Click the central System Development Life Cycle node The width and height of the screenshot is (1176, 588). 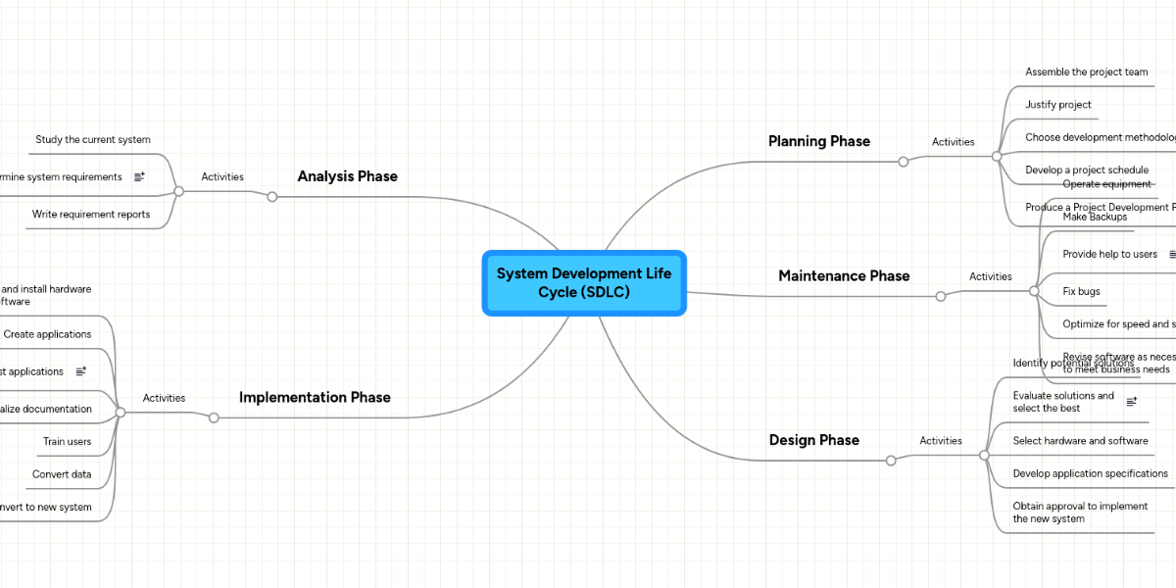coord(584,283)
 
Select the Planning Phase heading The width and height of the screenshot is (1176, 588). coord(819,141)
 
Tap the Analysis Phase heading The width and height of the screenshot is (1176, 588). coord(348,176)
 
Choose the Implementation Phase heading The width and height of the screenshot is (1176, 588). coord(315,397)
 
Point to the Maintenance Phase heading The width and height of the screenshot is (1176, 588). coord(844,275)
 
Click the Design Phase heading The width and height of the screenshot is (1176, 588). coord(814,440)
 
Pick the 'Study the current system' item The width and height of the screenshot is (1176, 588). coord(93,139)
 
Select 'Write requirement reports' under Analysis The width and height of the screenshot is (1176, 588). coord(91,214)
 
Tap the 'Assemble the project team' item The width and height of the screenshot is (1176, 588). coord(1086,72)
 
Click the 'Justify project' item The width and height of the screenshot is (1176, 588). coord(1058,104)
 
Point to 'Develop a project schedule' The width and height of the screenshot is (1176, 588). coord(1087,170)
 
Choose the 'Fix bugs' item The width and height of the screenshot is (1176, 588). coord(1081,291)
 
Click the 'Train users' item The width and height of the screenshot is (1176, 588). coord(67,441)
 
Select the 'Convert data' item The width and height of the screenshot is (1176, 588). coord(62,474)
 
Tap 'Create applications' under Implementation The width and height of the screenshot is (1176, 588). coord(47,334)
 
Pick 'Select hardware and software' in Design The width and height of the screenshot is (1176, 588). coord(1080,441)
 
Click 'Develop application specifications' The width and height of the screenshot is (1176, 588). coord(1090,473)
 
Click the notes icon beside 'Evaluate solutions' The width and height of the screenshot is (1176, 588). coord(1132,402)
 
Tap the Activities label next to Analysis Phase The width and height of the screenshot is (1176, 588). coord(222,176)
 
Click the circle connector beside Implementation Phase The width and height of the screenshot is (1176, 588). coord(214,418)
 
